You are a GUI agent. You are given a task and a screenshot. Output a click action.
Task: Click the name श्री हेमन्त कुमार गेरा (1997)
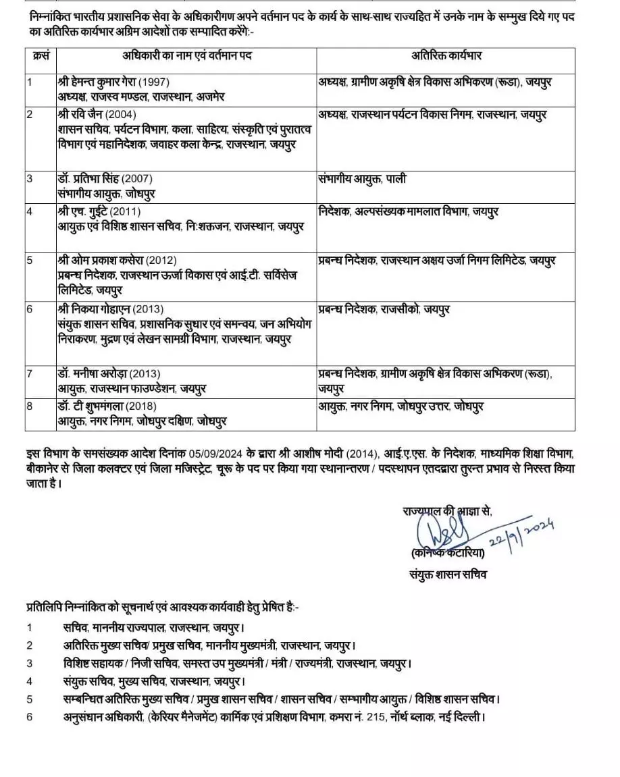pos(107,82)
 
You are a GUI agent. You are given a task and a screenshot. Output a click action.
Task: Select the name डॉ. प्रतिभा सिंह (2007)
pos(105,179)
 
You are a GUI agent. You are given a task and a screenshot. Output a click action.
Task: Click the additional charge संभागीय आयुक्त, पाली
pos(361,179)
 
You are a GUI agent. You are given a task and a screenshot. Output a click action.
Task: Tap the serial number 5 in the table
pos(30,260)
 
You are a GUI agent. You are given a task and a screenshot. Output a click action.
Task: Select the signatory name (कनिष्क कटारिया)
pos(447,554)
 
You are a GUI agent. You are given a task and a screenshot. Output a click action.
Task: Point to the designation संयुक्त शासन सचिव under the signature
pos(447,574)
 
